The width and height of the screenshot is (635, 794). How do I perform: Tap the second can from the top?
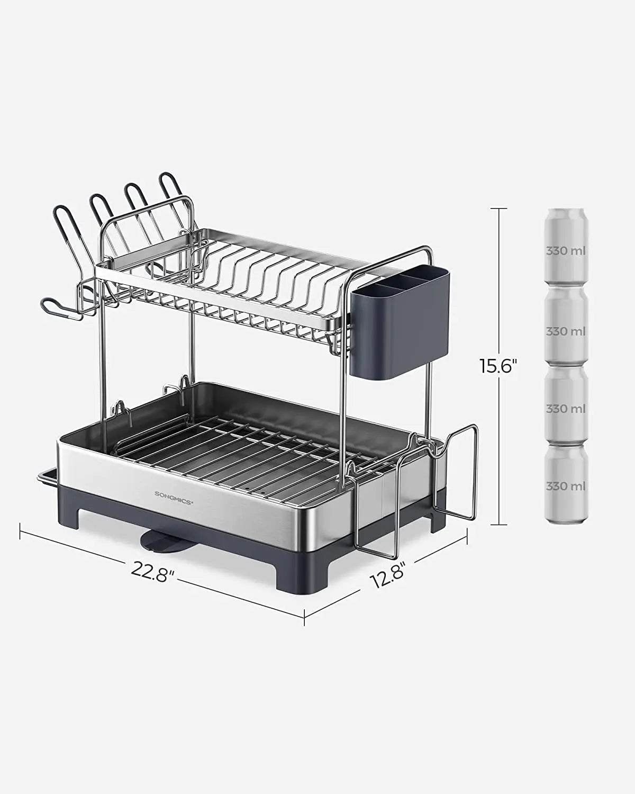(x=566, y=327)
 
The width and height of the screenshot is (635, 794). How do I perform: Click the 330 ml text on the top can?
(x=566, y=250)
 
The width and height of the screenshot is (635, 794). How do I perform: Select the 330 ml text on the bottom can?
(x=566, y=485)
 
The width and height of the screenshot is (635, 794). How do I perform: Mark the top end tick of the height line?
(x=498, y=208)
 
